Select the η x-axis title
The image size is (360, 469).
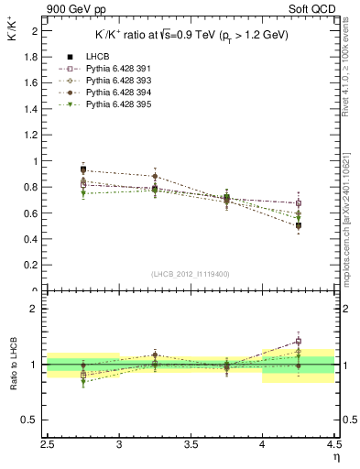[336, 456]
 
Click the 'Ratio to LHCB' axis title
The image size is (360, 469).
[13, 365]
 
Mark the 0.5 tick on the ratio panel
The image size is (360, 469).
[30, 420]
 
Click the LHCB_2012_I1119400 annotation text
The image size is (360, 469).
[191, 273]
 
